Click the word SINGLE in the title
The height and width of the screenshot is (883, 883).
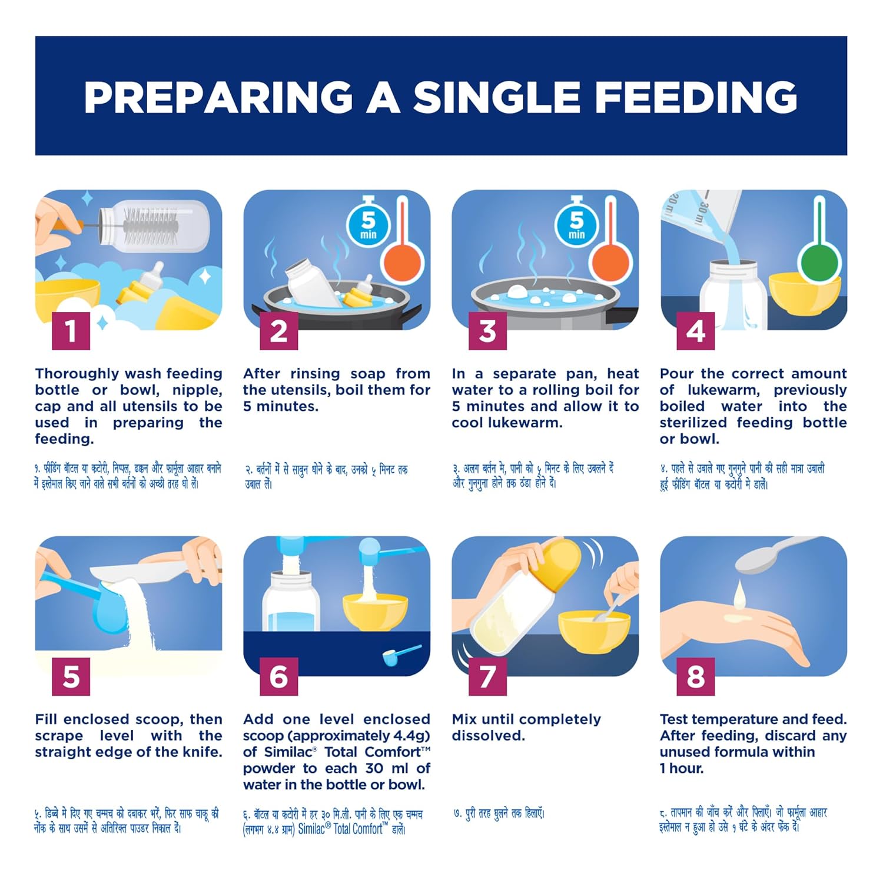pyautogui.click(x=496, y=97)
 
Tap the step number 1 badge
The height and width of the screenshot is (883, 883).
pyautogui.click(x=71, y=331)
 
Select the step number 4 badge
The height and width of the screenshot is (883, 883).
pyautogui.click(x=696, y=331)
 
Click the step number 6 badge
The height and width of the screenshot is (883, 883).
pyautogui.click(x=279, y=676)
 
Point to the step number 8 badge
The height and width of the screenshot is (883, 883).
pyautogui.click(x=696, y=676)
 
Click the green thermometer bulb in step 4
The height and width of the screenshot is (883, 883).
pyautogui.click(x=818, y=261)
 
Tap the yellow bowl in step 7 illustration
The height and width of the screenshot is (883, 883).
pyautogui.click(x=594, y=631)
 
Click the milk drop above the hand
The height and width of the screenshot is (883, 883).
pyautogui.click(x=739, y=595)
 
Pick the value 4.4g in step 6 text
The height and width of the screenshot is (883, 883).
pyautogui.click(x=406, y=736)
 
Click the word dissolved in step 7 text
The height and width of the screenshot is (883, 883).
pyautogui.click(x=488, y=736)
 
